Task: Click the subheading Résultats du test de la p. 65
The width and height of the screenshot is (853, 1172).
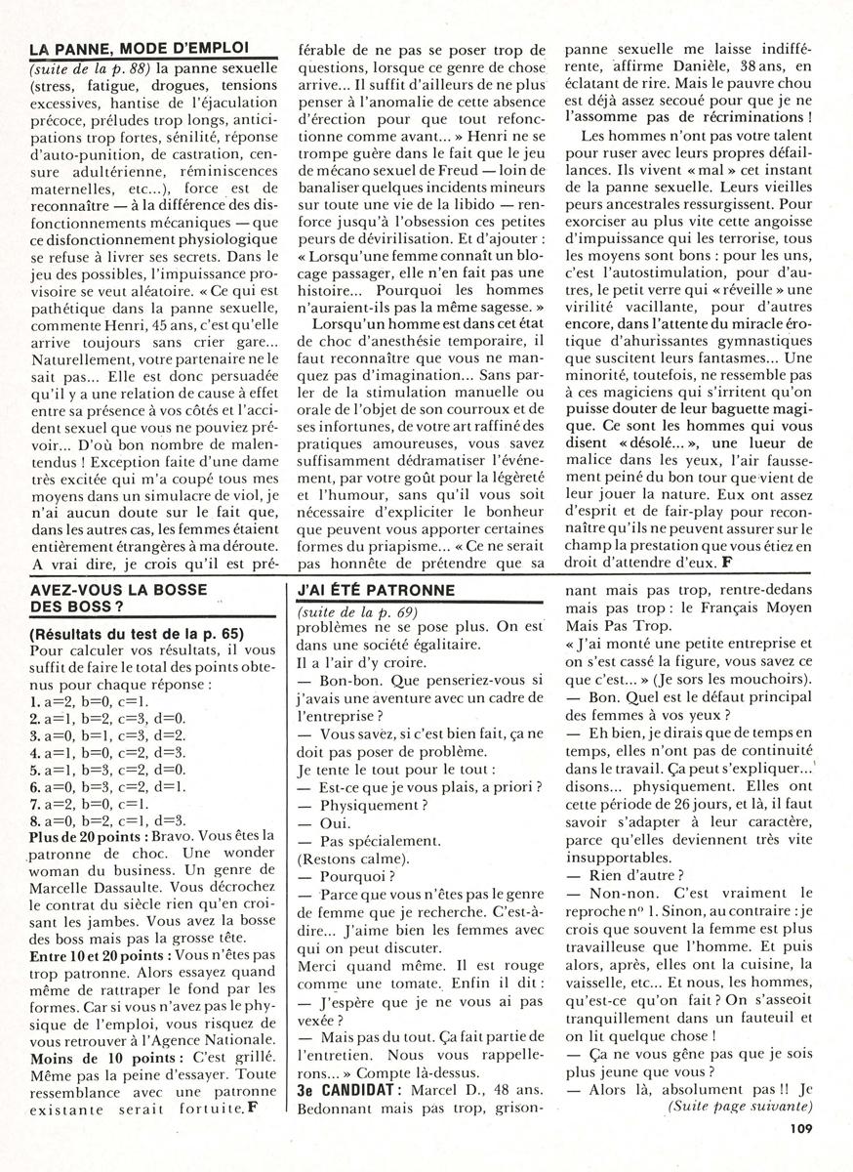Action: pyautogui.click(x=132, y=632)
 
